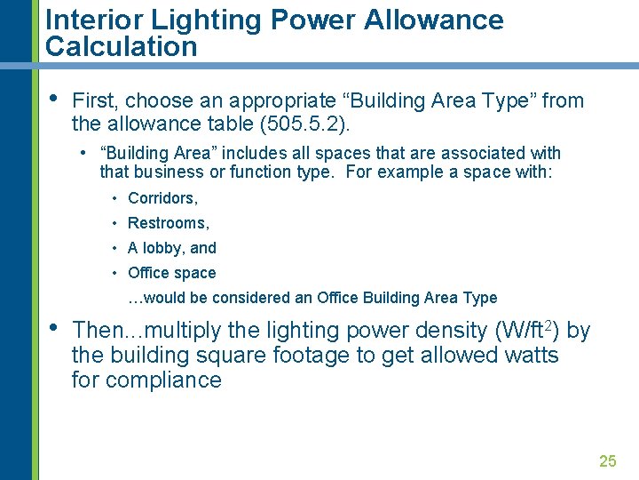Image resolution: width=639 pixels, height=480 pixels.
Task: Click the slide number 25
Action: pyautogui.click(x=607, y=460)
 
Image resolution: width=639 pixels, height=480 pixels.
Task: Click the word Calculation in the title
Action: pyautogui.click(x=122, y=47)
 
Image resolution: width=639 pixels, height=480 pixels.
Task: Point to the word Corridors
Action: pyautogui.click(x=162, y=198)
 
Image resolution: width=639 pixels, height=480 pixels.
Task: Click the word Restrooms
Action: pyautogui.click(x=169, y=223)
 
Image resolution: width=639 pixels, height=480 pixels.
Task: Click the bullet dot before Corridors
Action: pyautogui.click(x=116, y=198)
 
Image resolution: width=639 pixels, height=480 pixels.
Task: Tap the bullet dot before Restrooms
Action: pyautogui.click(x=116, y=223)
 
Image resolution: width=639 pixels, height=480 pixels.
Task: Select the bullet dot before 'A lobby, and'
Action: pyautogui.click(x=116, y=248)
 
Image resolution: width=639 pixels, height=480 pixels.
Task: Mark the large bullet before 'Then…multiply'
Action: pyautogui.click(x=52, y=326)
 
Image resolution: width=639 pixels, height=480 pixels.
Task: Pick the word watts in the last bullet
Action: pyautogui.click(x=529, y=356)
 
